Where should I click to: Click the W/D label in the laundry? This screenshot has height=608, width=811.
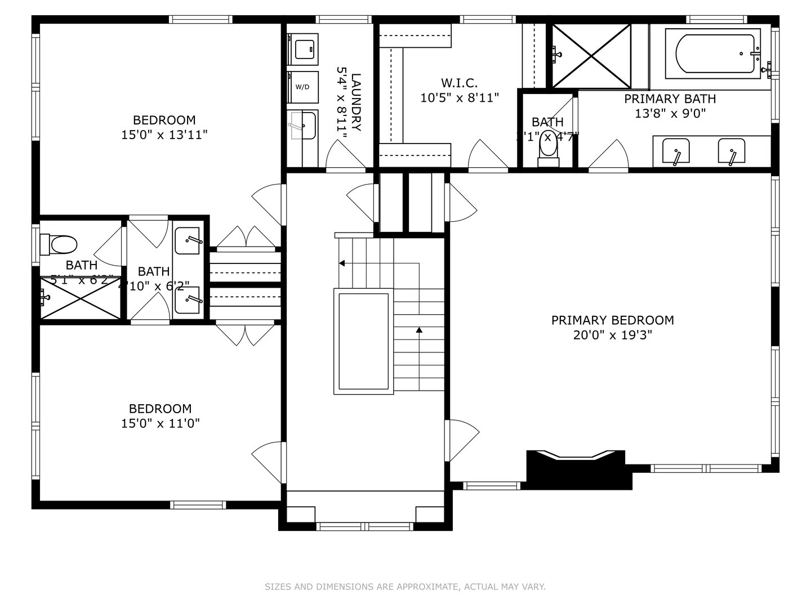[302, 87]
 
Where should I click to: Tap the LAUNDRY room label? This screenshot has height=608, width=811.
[349, 102]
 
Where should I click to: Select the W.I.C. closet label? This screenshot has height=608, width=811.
[460, 83]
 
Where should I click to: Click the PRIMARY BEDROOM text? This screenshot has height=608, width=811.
[612, 320]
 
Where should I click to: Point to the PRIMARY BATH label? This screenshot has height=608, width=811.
[670, 99]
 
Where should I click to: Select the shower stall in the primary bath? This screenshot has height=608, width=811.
[591, 56]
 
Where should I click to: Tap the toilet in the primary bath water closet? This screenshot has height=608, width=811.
[547, 147]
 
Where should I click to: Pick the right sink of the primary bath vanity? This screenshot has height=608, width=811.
[731, 151]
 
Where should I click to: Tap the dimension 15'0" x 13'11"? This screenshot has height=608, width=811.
[164, 135]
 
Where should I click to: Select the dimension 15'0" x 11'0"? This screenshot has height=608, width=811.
[161, 423]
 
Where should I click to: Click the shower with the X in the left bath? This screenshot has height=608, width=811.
[81, 298]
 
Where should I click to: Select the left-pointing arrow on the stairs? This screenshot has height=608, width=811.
[342, 263]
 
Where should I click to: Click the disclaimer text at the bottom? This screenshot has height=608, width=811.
[405, 587]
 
